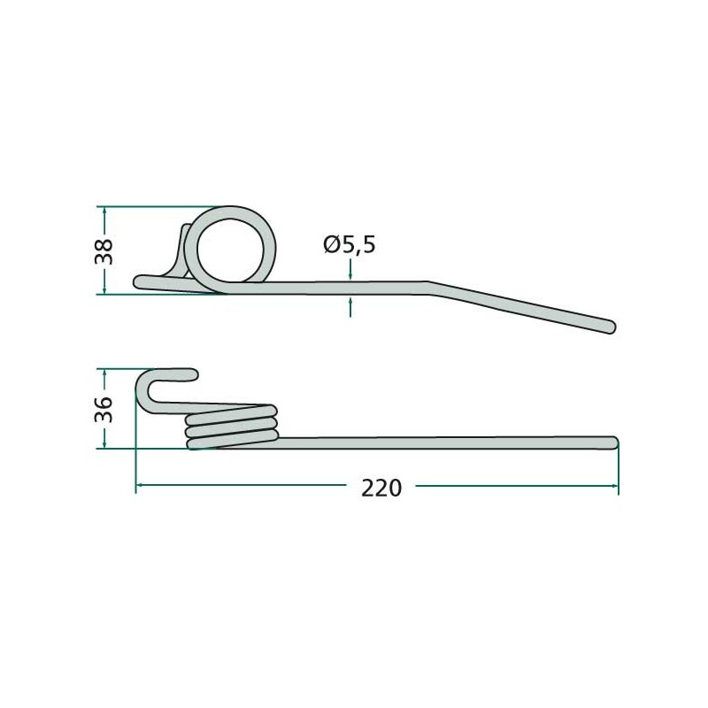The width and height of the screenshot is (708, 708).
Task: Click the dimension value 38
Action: click(105, 251)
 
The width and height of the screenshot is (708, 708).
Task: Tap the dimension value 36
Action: click(105, 409)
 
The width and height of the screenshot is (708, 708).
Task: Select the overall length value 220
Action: click(381, 488)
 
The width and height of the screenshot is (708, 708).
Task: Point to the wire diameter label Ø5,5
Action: click(350, 244)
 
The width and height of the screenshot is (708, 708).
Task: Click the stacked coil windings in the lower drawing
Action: click(232, 426)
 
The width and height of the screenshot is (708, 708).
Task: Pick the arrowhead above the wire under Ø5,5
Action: click(351, 275)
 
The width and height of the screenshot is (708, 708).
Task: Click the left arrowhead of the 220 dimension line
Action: click(140, 486)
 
